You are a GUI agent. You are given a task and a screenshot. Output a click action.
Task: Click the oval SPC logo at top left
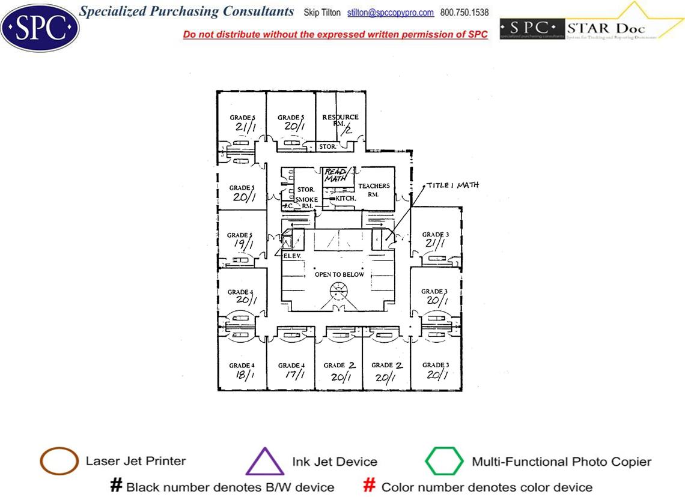coord(40,27)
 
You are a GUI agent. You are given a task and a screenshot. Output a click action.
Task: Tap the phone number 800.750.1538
coord(464,13)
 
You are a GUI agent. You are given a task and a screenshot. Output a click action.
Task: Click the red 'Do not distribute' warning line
coord(335,35)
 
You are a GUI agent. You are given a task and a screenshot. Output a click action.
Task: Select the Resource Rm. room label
coord(340,120)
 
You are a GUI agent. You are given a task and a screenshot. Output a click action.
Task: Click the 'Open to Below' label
coord(339,274)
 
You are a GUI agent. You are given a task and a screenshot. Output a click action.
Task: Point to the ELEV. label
coord(291,255)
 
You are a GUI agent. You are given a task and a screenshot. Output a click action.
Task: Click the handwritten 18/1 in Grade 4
coord(242,375)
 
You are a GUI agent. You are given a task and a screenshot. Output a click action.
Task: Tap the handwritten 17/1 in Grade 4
coord(290,375)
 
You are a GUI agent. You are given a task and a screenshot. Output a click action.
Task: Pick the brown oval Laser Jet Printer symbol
coord(59,462)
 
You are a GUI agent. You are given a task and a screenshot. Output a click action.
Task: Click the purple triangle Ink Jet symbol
coord(265,462)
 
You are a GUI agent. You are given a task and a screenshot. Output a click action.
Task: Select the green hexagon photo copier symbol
coord(445,462)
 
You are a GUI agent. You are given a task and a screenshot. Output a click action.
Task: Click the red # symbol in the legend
coord(370,486)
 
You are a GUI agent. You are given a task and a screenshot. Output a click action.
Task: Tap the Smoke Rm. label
coord(306,202)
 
